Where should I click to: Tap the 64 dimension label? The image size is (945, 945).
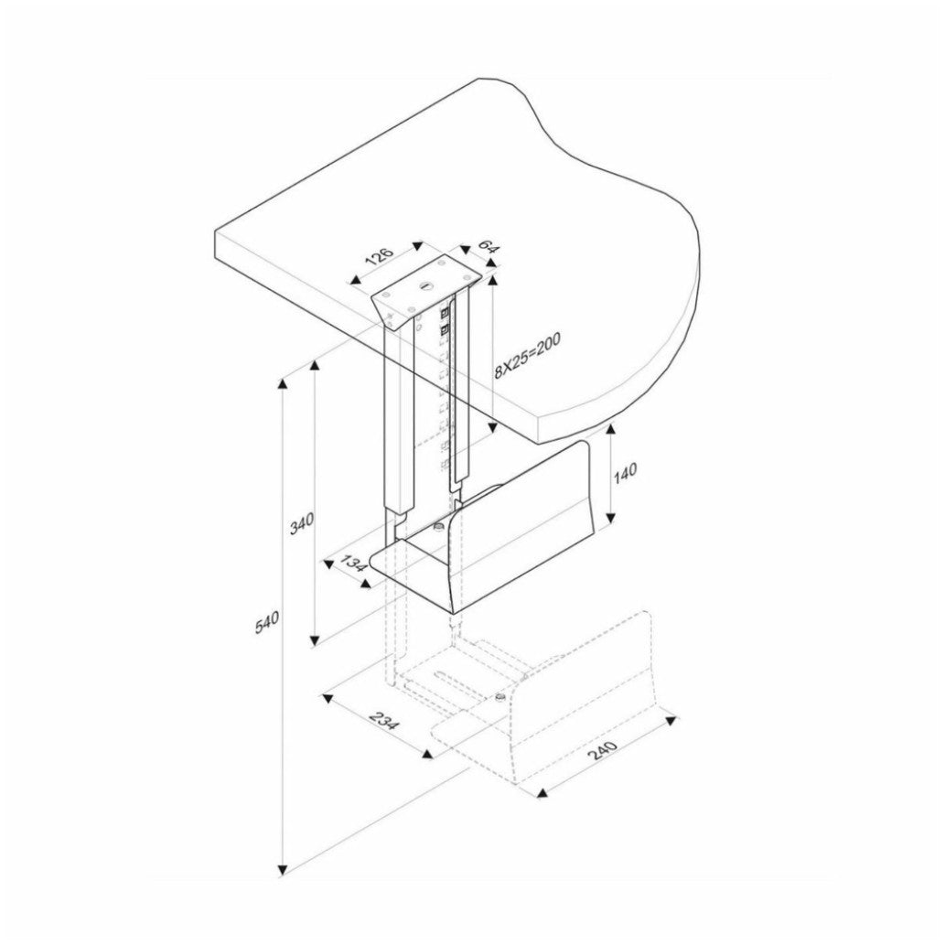click(487, 245)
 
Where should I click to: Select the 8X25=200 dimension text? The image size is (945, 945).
click(527, 356)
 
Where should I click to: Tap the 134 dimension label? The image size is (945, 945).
click(354, 564)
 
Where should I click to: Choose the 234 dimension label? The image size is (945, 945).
click(383, 721)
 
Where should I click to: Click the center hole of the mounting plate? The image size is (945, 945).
click(427, 285)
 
